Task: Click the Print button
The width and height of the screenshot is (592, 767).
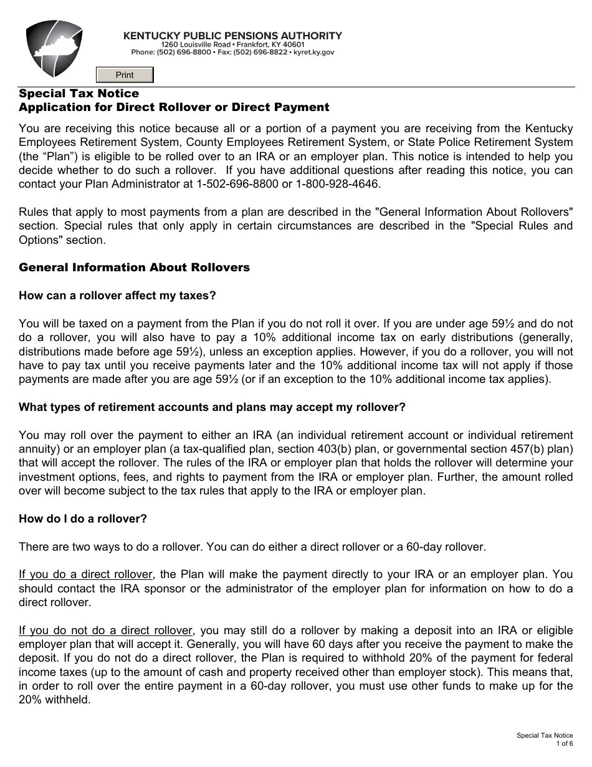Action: (x=125, y=75)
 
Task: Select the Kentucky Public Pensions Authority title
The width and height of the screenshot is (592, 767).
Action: (x=232, y=36)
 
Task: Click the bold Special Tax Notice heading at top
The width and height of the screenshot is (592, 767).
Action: (x=79, y=94)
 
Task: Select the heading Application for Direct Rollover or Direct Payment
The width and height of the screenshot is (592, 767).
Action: (x=174, y=107)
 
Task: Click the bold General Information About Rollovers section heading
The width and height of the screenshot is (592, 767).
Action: (x=134, y=268)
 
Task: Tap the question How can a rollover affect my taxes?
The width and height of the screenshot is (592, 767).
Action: (x=117, y=296)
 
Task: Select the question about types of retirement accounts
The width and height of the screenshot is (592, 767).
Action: (x=212, y=407)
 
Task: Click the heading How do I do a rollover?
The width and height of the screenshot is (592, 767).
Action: (x=83, y=519)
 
